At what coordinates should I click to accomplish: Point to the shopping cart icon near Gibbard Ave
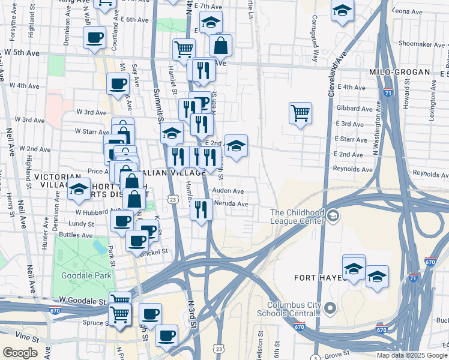coord(300,112)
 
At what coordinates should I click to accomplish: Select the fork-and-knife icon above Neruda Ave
coord(201,209)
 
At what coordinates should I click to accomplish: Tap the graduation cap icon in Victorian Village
coord(77,188)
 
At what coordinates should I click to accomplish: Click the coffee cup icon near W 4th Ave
coord(118,83)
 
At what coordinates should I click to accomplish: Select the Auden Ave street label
coord(228,191)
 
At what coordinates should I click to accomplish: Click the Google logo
coord(20,353)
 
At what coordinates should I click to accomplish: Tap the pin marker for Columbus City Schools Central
coord(330,308)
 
